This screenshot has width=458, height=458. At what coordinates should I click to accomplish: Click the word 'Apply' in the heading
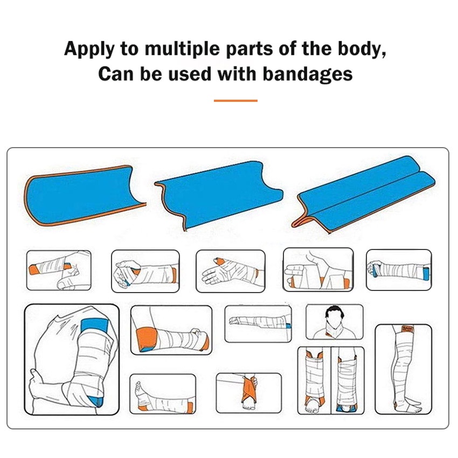coord(89,50)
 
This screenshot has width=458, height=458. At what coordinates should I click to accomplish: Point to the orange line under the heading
coord(235,100)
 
